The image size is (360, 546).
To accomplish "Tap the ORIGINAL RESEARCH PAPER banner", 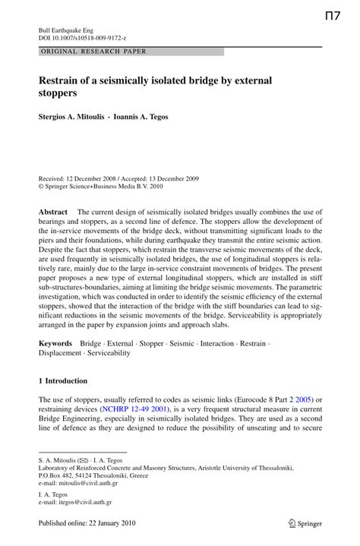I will (x=94, y=51).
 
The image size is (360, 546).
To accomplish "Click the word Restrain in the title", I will (x=65, y=80).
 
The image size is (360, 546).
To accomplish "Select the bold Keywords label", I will (x=55, y=343).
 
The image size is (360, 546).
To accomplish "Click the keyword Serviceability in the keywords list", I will (x=109, y=353).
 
